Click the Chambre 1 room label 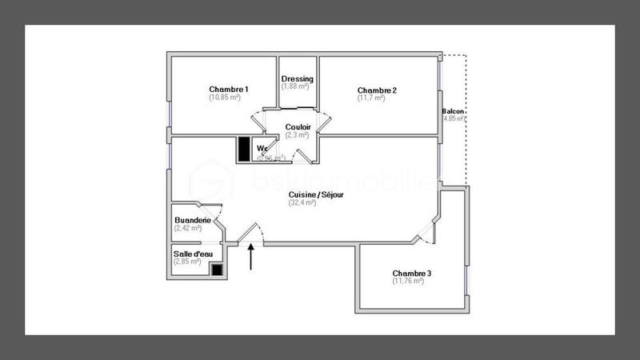tap(229, 89)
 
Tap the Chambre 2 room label tap(377, 90)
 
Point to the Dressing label tap(298, 79)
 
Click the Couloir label tap(298, 127)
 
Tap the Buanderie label tap(193, 220)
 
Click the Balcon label tap(454, 111)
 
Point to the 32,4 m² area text tap(302, 203)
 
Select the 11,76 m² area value tap(408, 281)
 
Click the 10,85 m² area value tap(229, 98)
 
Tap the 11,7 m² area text tap(376, 98)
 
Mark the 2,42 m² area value tap(188, 229)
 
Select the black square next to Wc tap(244, 149)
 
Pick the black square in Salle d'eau tap(217, 269)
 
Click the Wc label tap(262, 148)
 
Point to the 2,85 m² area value tap(188, 262)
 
